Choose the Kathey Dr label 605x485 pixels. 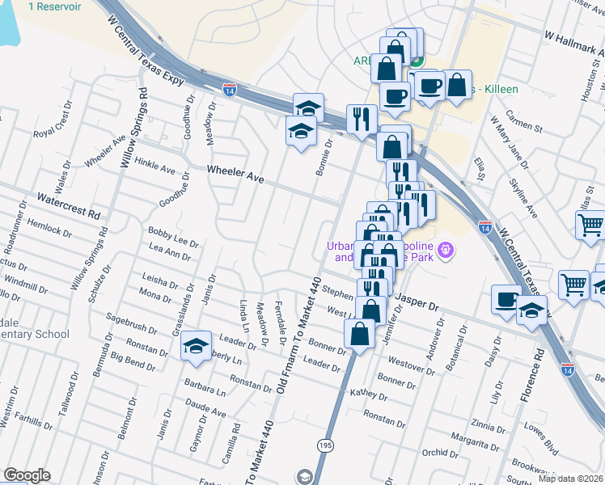[x=369, y=393]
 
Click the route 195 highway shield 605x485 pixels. [x=325, y=445]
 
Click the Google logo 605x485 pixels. [x=27, y=475]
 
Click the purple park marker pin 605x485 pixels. [x=445, y=253]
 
